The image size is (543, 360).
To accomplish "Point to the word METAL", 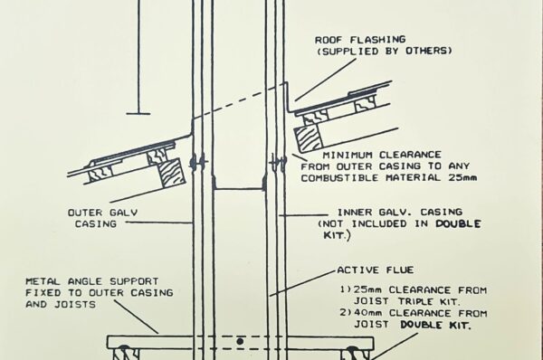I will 45,280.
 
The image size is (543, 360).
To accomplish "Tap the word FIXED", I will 44,293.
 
